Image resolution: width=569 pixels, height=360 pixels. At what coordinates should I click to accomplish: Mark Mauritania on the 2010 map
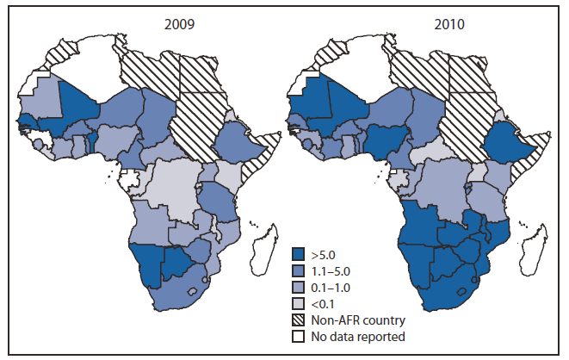coord(306,95)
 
